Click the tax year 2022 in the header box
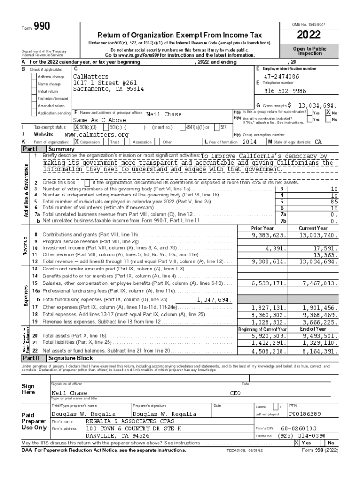click(308, 35)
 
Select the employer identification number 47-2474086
click(281, 76)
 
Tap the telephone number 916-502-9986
click(285, 91)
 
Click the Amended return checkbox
click(34, 106)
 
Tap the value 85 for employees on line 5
click(334, 202)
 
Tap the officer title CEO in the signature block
click(236, 393)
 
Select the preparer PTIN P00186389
click(305, 414)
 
